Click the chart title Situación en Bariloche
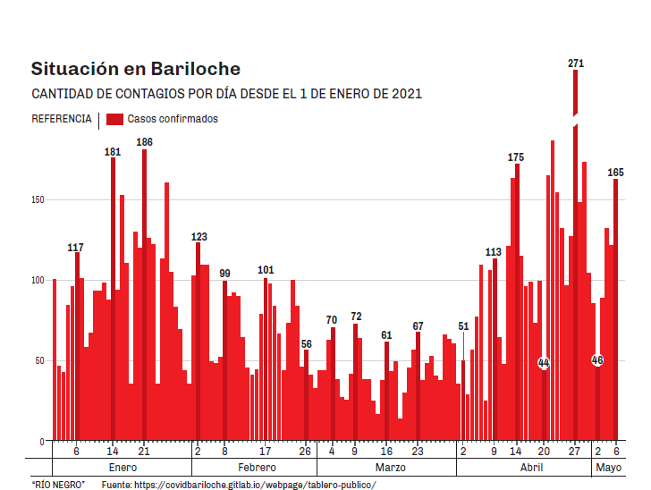coord(135,69)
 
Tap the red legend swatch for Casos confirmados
coord(114,119)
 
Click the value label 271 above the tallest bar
coord(576,63)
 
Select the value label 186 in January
coord(144,142)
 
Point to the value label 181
coord(113,152)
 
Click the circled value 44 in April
coord(544,362)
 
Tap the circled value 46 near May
coord(597,359)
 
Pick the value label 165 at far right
coord(616,173)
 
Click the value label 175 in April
coord(516,157)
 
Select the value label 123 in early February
coord(199,237)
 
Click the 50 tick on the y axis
coord(38,361)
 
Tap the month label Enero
coord(122,468)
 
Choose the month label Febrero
coord(257,468)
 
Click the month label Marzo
coord(390,468)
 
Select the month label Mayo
coord(608,468)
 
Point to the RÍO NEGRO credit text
coord(58,484)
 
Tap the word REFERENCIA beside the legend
coord(61,119)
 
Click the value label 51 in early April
coord(463,326)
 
